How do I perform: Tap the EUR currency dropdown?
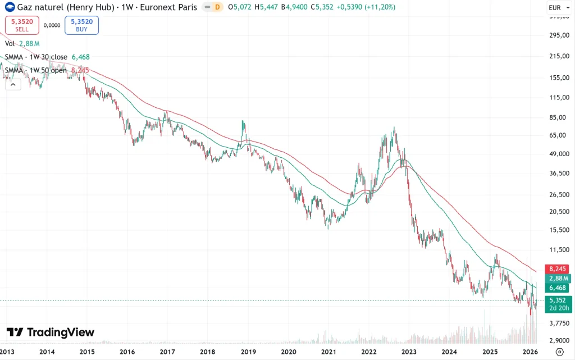point(558,8)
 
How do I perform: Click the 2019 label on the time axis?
point(248,352)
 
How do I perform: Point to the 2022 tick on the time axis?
point(369,352)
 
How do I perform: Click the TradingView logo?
point(51,332)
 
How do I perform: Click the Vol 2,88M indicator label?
point(22,43)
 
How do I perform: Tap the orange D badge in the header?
point(217,7)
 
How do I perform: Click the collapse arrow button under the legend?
point(13,84)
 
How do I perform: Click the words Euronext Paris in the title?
point(168,7)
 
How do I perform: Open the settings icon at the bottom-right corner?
point(559,352)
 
